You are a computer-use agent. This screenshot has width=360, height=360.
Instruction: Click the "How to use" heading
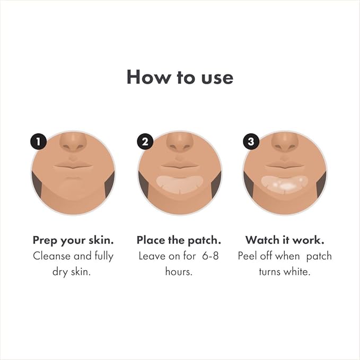coord(180,77)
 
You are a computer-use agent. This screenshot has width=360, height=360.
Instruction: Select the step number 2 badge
coord(145,142)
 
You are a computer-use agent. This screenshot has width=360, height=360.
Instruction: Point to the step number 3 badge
coord(250,142)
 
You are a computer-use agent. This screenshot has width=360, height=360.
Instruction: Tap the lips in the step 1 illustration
coord(74,165)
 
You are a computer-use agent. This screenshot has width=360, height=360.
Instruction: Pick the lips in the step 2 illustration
coord(180,165)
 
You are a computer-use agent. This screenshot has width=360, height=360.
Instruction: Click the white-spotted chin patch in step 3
coord(285,183)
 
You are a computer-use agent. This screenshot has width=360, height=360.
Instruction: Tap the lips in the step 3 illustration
coord(285,165)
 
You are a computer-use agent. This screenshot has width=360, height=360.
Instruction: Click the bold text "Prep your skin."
coord(74,240)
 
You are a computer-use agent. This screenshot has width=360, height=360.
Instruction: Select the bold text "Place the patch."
coord(180,240)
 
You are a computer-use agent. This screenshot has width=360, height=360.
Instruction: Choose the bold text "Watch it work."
coord(285,240)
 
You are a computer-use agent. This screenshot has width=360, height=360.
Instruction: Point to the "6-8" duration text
coord(209,256)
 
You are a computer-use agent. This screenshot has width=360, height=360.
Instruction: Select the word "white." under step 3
coord(297,272)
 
